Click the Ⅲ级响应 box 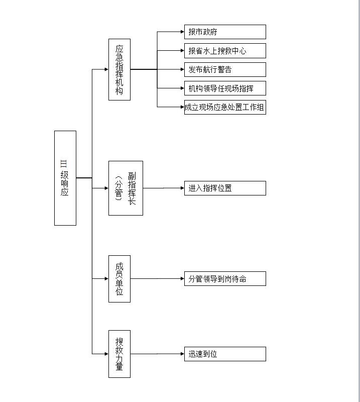[65, 178]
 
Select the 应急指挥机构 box [119, 69]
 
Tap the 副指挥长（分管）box [126, 188]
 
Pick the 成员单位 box [119, 279]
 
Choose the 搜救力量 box [119, 354]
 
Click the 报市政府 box [225, 32]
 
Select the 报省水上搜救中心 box [225, 51]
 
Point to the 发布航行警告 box [225, 69]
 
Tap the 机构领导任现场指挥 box [225, 88]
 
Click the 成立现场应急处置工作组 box [225, 107]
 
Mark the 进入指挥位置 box [225, 188]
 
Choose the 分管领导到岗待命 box [225, 279]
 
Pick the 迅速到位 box [225, 354]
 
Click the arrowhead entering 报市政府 [182, 32]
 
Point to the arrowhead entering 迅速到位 [182, 354]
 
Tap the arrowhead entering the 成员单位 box [107, 279]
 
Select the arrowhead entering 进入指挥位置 [182, 188]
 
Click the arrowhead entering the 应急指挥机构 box [107, 69]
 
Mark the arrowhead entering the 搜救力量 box [107, 354]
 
